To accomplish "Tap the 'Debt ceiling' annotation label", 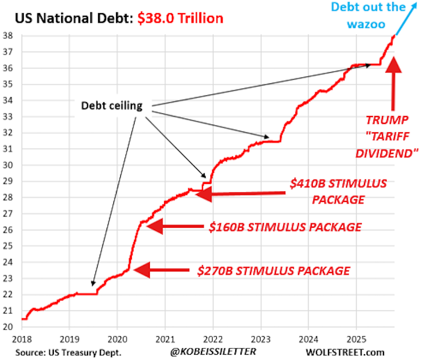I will click(x=111, y=105).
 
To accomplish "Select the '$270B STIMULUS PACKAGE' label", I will click(x=273, y=270).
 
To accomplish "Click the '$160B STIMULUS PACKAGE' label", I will click(x=285, y=227).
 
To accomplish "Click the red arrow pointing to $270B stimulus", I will click(x=160, y=270).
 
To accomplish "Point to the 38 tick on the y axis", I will click(x=14, y=36).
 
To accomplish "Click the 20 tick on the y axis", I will click(x=14, y=327).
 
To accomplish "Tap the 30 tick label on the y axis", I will click(x=14, y=165).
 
